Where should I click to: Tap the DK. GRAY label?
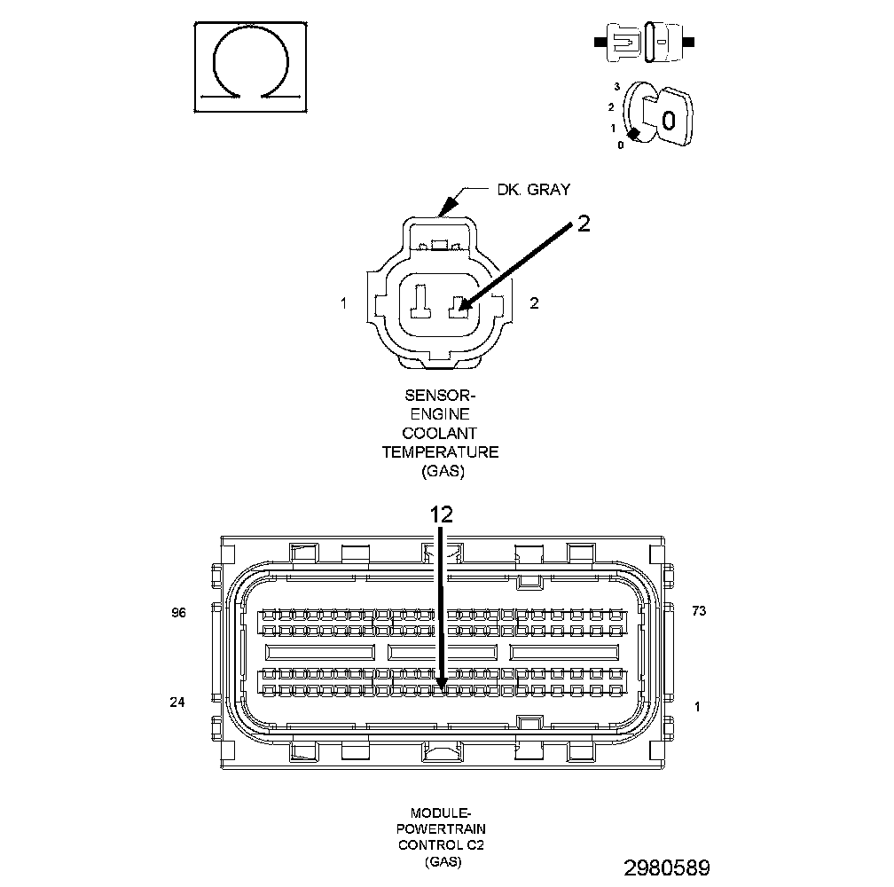pyautogui.click(x=533, y=189)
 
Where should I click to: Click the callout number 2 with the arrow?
pyautogui.click(x=583, y=223)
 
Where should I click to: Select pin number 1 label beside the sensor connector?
pyautogui.click(x=343, y=303)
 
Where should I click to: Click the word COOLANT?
pyautogui.click(x=440, y=433)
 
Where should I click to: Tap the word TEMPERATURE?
pyautogui.click(x=440, y=452)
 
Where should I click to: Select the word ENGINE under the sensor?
pyautogui.click(x=440, y=414)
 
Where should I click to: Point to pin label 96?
pyautogui.click(x=178, y=612)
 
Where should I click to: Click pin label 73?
pyautogui.click(x=698, y=611)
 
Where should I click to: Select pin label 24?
pyautogui.click(x=177, y=703)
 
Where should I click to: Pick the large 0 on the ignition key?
pyautogui.click(x=670, y=119)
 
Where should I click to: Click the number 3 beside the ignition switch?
pyautogui.click(x=616, y=87)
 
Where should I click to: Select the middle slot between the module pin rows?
pyautogui.click(x=443, y=652)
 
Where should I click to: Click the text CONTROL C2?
pyautogui.click(x=441, y=844)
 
